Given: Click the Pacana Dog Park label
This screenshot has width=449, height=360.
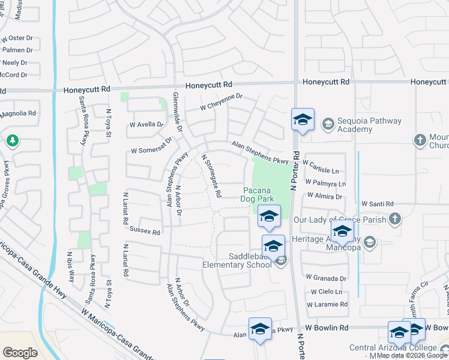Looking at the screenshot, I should coord(258,193).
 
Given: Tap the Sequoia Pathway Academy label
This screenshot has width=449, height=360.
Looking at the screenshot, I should coord(369,125).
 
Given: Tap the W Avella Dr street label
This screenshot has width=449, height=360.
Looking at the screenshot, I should coord(146,125).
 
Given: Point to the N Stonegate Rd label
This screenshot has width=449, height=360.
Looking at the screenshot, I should coord(211,176).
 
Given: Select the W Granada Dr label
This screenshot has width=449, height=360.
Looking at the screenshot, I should coord(326,278).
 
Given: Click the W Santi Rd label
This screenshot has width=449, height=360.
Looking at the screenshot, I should coord(376,204).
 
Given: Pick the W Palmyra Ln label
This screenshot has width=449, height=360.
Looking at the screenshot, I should coord(325,182).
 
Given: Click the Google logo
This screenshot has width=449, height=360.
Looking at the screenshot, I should coord(20,353).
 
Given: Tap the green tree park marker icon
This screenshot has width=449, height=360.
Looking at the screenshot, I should coord(11,141).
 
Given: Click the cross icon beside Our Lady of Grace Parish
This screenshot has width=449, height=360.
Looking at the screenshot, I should coord(394,219).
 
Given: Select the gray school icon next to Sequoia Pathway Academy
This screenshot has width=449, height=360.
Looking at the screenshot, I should coord(328,125).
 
